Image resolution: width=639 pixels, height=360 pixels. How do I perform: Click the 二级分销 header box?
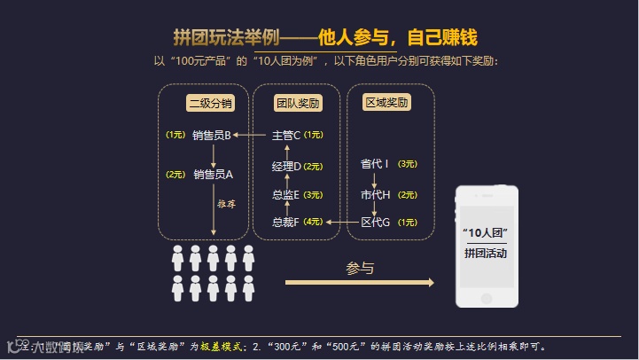[x=211, y=103]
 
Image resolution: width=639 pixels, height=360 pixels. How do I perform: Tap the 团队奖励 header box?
[x=297, y=103]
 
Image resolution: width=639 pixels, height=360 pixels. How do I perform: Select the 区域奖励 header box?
[x=387, y=103]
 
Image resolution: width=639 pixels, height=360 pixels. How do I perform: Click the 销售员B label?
[x=211, y=136]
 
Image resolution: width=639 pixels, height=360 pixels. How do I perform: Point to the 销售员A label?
[x=213, y=174]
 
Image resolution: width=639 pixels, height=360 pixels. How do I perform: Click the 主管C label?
[x=286, y=136]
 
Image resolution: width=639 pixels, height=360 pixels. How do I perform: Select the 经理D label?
[x=286, y=166]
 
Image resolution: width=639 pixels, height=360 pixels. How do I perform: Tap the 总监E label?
[x=286, y=194]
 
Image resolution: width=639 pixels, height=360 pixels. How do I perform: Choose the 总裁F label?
[x=286, y=222]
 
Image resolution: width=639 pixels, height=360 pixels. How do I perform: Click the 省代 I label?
[x=375, y=164]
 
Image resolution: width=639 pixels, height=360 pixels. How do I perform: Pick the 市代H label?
[x=375, y=194]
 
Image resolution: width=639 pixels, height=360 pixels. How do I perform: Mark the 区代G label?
[x=375, y=222]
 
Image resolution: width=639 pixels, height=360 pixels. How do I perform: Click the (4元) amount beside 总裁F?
[x=313, y=222]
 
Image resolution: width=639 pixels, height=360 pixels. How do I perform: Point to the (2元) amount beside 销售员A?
[x=175, y=174]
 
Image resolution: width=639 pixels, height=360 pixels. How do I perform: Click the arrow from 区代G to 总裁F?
[x=341, y=222]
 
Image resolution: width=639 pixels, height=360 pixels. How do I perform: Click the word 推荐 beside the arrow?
[x=227, y=204]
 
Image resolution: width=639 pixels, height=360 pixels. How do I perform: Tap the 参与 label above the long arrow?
[x=360, y=268]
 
